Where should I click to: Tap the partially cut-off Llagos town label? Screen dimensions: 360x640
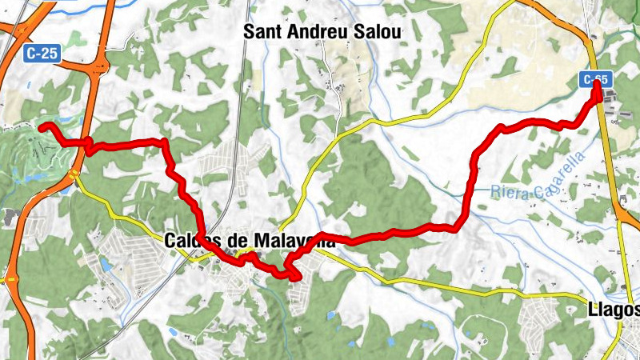pyautogui.click(x=613, y=309)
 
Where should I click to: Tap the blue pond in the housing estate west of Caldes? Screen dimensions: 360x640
pyautogui.click(x=104, y=263)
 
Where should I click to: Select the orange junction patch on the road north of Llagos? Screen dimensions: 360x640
pyautogui.click(x=620, y=214)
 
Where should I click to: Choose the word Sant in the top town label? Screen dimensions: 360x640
pyautogui.click(x=261, y=31)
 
